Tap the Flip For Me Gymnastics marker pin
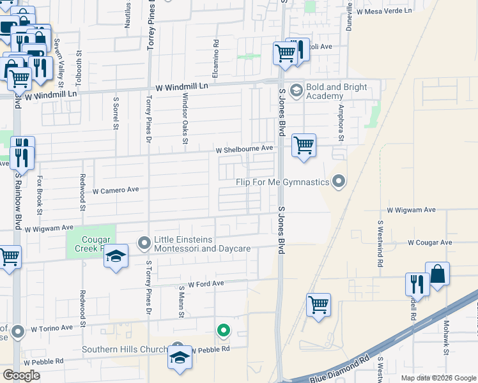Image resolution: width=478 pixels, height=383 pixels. point(339,183)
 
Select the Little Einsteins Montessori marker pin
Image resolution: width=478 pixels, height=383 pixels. point(144,243)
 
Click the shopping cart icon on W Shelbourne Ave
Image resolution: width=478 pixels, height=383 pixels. point(304,145)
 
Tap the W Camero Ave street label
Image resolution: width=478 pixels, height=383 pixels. point(116,190)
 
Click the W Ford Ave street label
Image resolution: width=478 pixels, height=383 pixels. point(206,283)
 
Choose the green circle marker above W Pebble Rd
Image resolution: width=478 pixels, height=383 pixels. point(223,331)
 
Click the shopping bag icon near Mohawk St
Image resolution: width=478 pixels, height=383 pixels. point(438,274)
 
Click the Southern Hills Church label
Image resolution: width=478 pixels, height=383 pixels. point(124,349)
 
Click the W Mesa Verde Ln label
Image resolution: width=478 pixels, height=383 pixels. point(385,11)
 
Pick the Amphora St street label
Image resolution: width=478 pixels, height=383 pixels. point(342,123)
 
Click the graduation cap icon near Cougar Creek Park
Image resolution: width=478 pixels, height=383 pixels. point(116,257)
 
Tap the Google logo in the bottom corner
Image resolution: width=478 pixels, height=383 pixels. point(22,375)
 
